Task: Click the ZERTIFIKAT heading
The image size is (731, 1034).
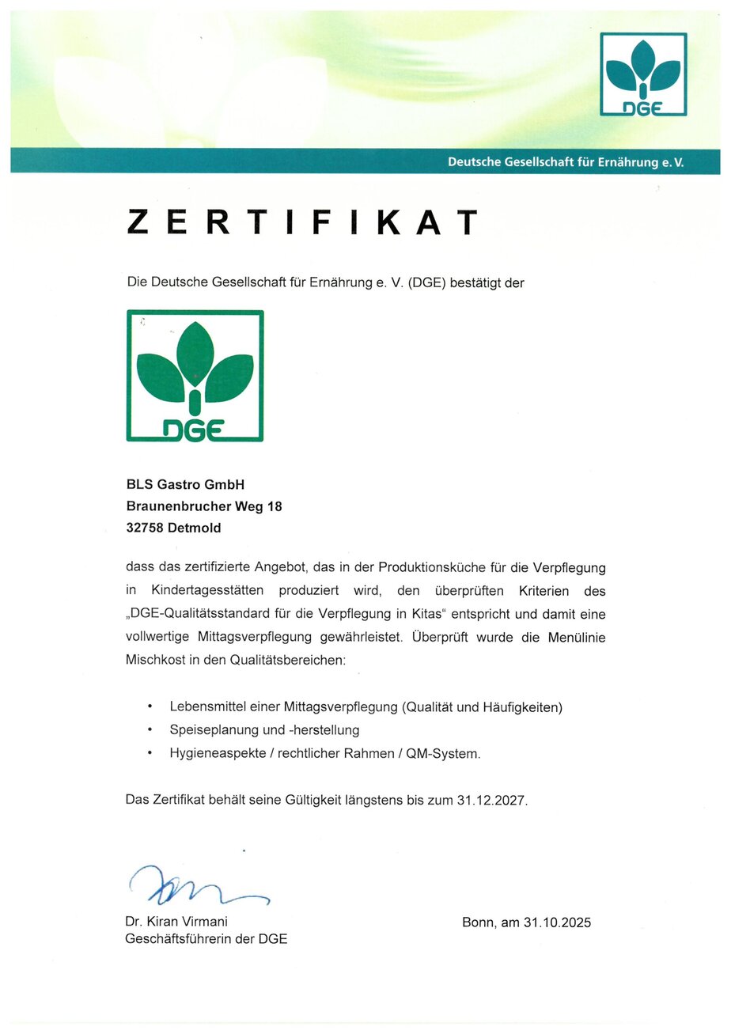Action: tap(303, 222)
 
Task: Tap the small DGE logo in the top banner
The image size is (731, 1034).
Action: tap(643, 74)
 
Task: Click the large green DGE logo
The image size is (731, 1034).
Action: tap(195, 376)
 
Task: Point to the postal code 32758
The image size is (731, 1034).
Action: tap(145, 528)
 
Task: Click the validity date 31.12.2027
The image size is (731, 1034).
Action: tap(490, 800)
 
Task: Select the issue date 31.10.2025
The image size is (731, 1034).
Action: tap(557, 922)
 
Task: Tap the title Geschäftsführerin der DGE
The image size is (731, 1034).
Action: tap(206, 940)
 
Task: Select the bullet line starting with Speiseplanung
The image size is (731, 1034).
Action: tap(264, 729)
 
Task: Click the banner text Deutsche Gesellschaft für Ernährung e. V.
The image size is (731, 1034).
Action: tap(566, 162)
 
